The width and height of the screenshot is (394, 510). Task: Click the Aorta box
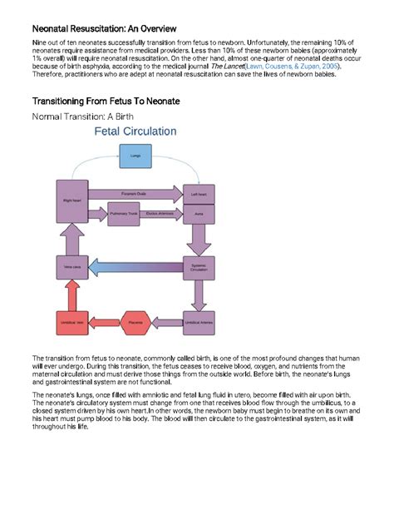(x=199, y=215)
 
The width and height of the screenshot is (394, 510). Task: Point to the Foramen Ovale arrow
(x=133, y=195)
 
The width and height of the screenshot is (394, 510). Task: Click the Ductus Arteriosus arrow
(x=162, y=215)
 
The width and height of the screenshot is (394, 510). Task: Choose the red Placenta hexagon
(x=135, y=321)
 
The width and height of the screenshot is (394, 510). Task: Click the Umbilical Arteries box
(x=199, y=321)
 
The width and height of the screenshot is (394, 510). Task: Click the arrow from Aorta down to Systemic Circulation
(x=199, y=239)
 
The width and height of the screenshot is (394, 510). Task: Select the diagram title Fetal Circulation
(x=135, y=131)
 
